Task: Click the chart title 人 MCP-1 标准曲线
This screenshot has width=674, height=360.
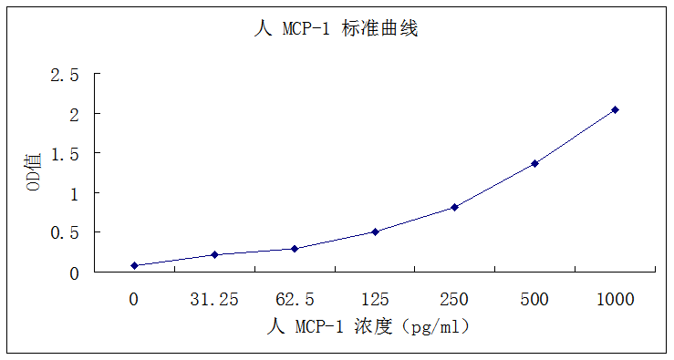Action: [x=336, y=29]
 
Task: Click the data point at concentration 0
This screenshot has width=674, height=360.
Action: [x=134, y=265]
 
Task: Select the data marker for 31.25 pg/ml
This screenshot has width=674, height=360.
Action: [x=214, y=254]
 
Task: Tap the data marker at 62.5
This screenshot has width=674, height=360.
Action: [x=295, y=249]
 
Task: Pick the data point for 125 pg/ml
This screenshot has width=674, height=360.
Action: [x=375, y=231]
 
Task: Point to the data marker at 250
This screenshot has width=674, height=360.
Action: [x=454, y=207]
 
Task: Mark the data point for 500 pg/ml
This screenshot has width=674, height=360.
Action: [x=534, y=163]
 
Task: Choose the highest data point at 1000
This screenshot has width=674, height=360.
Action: [x=615, y=109]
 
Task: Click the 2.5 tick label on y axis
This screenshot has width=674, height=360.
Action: [x=65, y=75]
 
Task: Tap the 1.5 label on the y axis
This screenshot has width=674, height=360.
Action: [x=65, y=154]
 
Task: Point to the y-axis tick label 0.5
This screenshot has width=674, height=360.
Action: [x=65, y=233]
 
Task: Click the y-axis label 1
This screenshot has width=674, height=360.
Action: [x=74, y=193]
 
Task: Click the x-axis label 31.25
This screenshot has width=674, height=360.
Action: [x=214, y=299]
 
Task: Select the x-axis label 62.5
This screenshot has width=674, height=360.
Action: [x=295, y=299]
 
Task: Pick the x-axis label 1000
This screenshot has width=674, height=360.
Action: [x=615, y=299]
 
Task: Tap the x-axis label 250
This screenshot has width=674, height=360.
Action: [x=454, y=299]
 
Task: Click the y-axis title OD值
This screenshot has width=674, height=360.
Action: [x=34, y=172]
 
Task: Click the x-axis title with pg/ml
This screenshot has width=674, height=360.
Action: [x=368, y=325]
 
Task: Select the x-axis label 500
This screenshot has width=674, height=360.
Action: [x=534, y=299]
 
